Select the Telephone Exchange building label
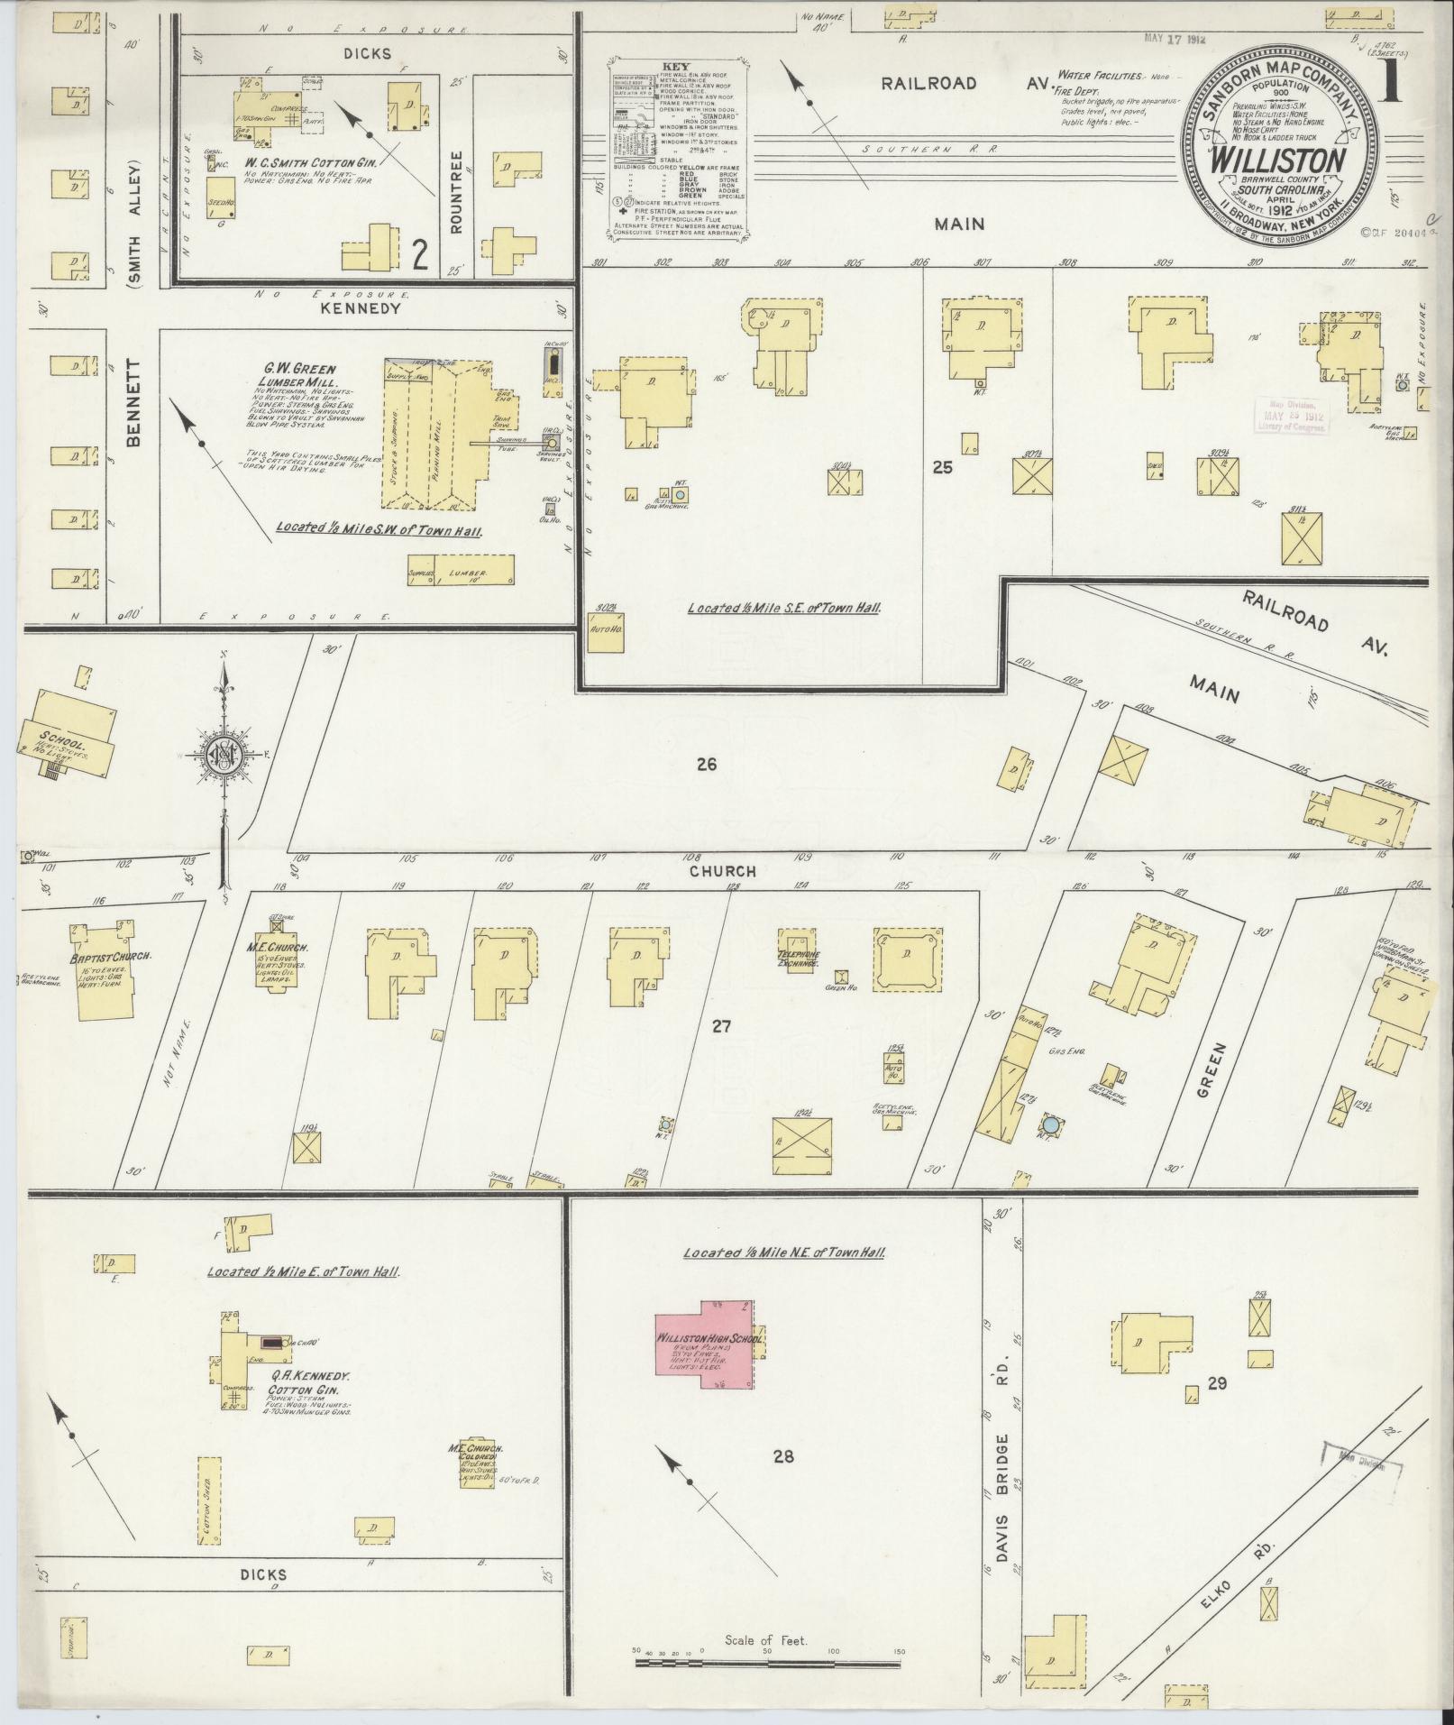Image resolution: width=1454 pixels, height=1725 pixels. tap(798, 959)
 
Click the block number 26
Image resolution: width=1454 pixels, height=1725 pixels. tap(706, 765)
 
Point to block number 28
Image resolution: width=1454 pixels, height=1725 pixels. tap(782, 1455)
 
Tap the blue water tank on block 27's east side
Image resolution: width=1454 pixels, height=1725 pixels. tap(1050, 1124)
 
